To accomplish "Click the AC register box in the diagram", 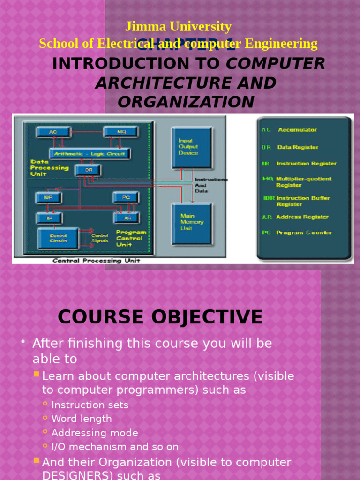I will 53,132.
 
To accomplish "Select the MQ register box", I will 120,132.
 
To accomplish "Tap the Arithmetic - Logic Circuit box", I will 90,153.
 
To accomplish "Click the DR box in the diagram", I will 88,170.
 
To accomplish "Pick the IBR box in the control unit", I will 49,197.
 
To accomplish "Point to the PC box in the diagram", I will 126,197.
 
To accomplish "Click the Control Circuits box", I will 58,238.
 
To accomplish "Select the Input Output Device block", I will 191,147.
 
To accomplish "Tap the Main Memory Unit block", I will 191,223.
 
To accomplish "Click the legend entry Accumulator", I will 297,130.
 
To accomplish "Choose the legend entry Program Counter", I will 303,232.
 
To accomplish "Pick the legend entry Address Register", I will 302,217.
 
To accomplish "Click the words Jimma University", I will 178,27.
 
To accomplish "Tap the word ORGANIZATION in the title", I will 186,101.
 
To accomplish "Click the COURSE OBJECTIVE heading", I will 160,317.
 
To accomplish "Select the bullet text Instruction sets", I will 90,405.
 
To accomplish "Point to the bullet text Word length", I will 82,419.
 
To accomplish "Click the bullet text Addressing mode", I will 95,433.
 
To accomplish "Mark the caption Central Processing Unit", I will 96,261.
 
